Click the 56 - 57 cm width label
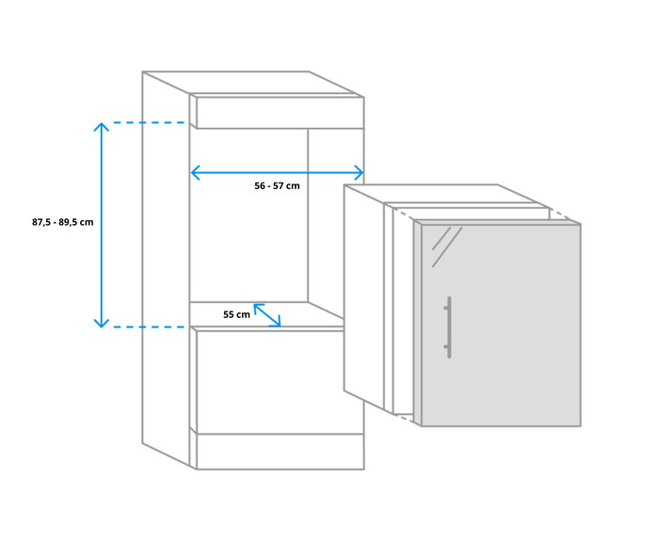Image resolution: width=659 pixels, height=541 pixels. [x=277, y=186]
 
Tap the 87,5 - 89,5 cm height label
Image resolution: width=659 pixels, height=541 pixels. [x=62, y=222]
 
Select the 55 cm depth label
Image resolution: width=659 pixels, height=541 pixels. [x=236, y=314]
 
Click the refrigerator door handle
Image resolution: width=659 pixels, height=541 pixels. [x=449, y=326]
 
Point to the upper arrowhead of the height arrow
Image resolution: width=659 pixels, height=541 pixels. [x=102, y=126]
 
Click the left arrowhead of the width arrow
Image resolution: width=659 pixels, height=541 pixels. [x=195, y=172]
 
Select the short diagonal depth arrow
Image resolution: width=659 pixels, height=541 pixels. [x=266, y=314]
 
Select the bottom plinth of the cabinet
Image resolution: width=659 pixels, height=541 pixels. [x=280, y=451]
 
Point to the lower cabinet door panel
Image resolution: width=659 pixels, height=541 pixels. [x=280, y=381]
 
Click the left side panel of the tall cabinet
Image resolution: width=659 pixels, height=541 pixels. [x=166, y=263]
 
